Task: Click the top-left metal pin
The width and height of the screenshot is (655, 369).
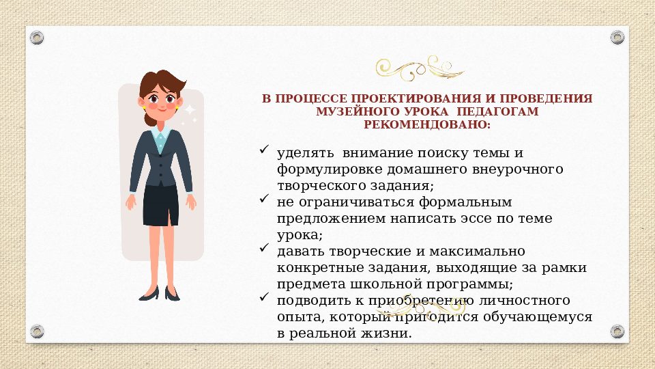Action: tap(37, 37)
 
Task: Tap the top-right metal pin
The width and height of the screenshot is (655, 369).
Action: tap(617, 37)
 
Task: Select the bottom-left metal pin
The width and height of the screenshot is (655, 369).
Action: tap(37, 332)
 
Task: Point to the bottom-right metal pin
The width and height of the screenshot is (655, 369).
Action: tap(617, 332)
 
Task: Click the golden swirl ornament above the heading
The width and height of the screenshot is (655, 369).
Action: tap(420, 68)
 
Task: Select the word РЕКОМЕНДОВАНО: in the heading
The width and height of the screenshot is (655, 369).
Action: tap(427, 124)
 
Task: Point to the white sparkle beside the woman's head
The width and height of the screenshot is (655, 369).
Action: tap(190, 109)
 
